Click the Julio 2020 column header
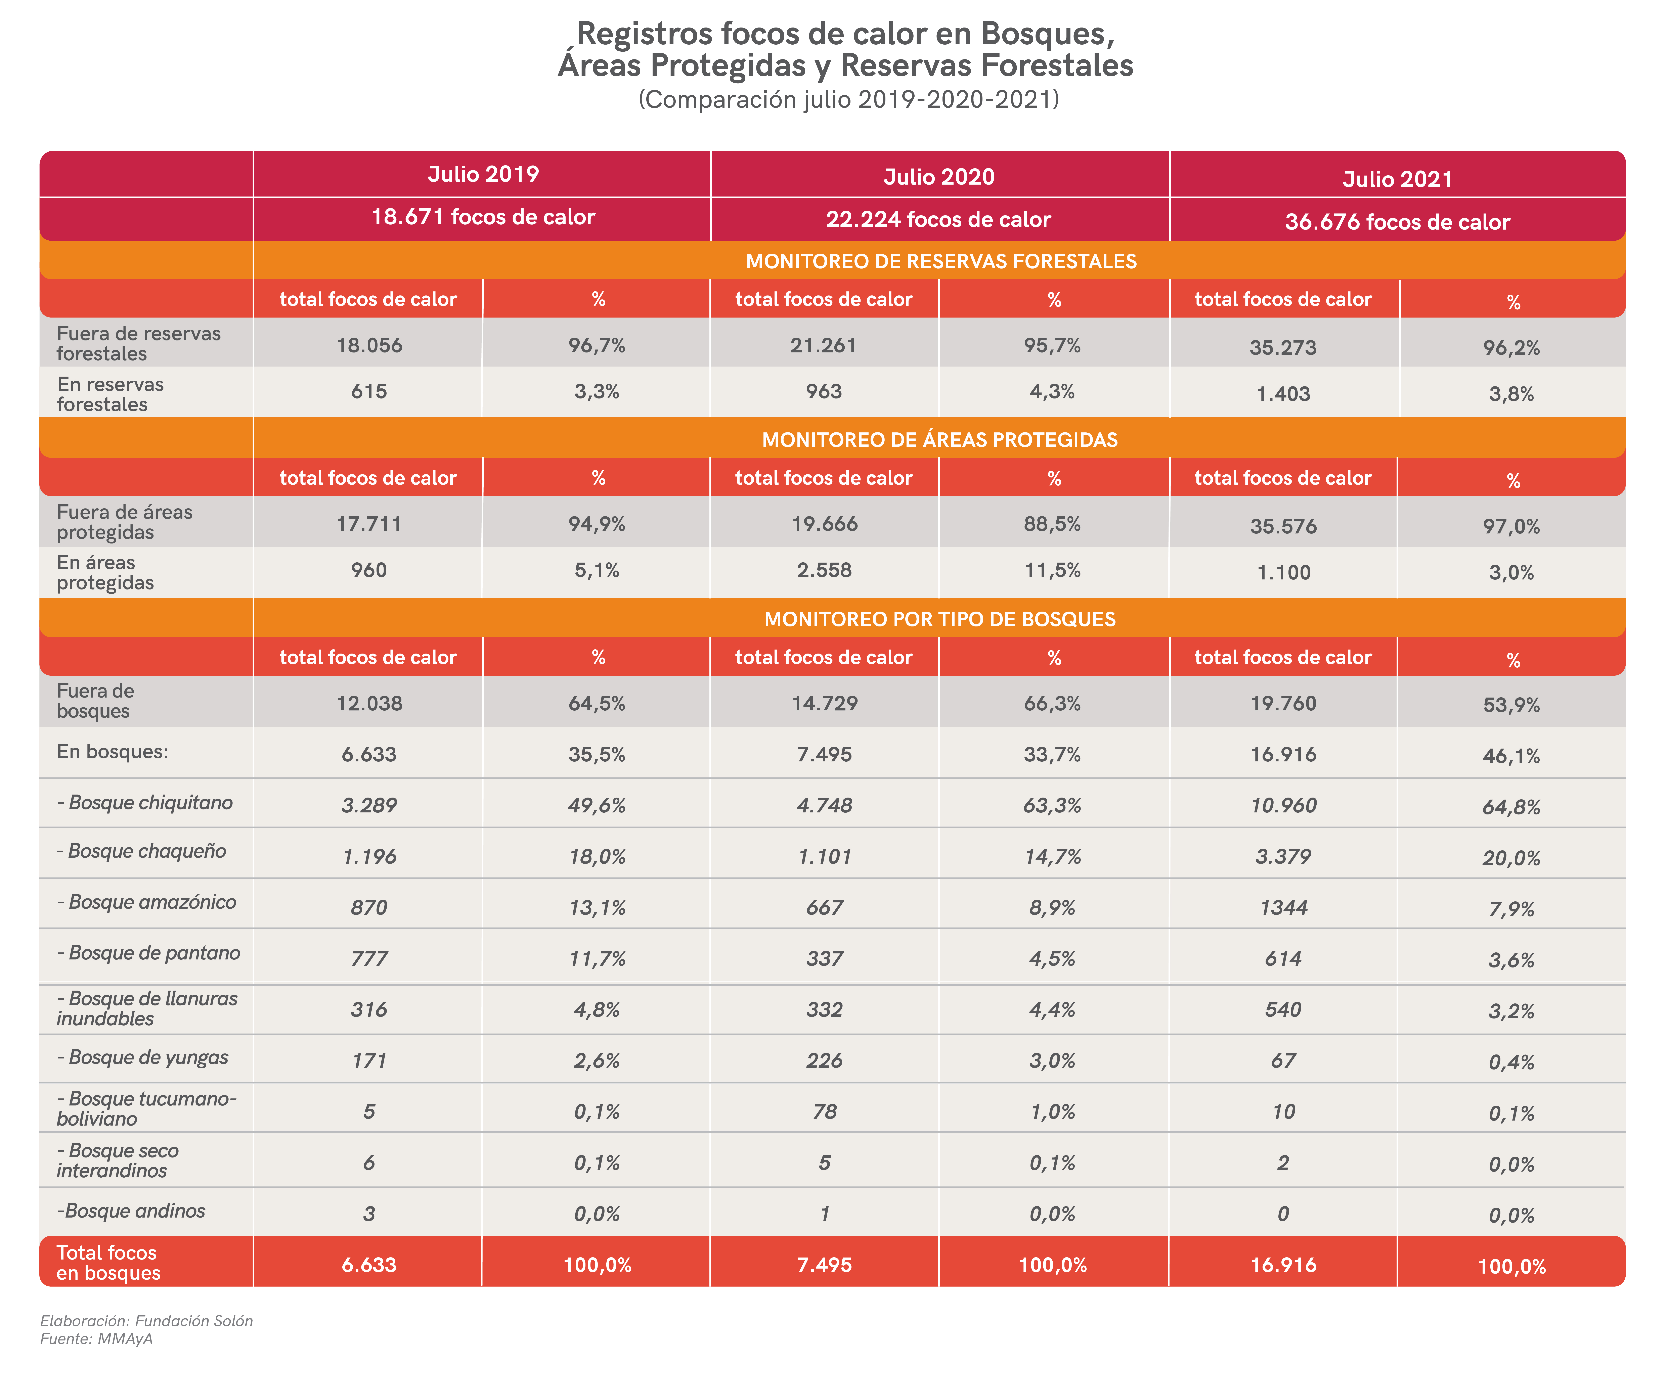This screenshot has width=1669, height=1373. click(x=939, y=176)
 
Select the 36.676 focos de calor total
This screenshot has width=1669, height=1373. click(x=1397, y=222)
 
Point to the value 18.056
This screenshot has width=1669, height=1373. click(x=369, y=346)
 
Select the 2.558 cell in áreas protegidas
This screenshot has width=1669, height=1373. click(x=824, y=570)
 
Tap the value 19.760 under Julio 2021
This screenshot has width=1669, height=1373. click(x=1283, y=703)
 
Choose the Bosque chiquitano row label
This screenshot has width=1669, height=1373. click(x=145, y=803)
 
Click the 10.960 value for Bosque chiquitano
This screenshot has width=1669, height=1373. click(x=1283, y=805)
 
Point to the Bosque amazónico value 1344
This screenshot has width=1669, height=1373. click(x=1283, y=907)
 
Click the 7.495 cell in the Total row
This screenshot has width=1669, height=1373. click(x=824, y=1265)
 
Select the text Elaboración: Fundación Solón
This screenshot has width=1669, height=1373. click(x=146, y=1321)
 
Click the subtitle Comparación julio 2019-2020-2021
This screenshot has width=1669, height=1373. click(x=848, y=100)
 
